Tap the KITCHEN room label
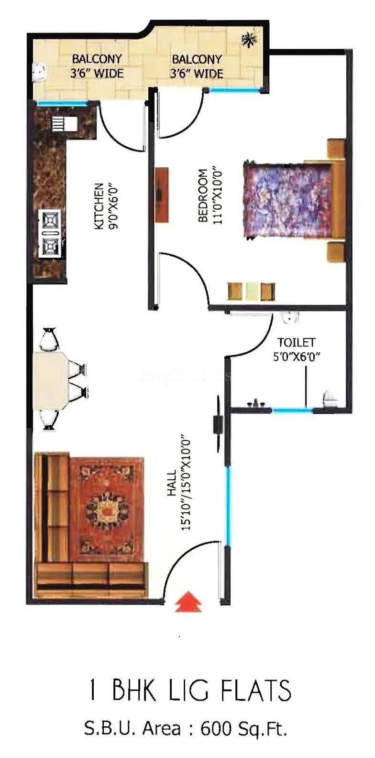tap(99, 206)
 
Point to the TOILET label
tap(297, 342)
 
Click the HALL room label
tap(172, 483)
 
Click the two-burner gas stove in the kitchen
tap(50, 233)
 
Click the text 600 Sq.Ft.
tap(243, 729)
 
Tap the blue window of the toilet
tap(292, 409)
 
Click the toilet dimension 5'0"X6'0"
tap(297, 356)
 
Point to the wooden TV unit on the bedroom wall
tap(162, 195)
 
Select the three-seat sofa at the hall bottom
tap(91, 579)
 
